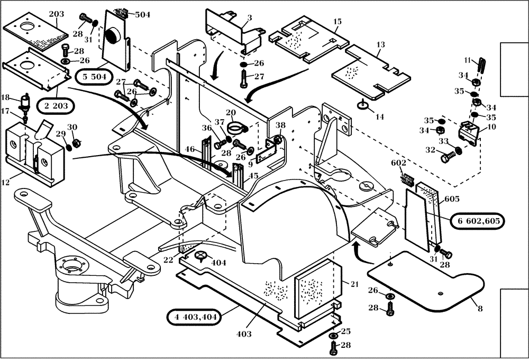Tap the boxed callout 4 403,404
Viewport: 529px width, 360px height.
click(194, 317)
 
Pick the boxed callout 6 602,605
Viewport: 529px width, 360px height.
click(478, 221)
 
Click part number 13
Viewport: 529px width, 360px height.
click(380, 45)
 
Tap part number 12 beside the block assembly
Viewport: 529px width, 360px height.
click(6, 182)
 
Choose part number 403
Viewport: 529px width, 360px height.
click(244, 334)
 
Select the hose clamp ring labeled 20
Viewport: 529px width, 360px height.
click(238, 128)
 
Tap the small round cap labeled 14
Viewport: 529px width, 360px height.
click(362, 105)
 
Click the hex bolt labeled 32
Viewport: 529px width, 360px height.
click(449, 157)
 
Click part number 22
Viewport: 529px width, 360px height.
click(168, 259)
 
